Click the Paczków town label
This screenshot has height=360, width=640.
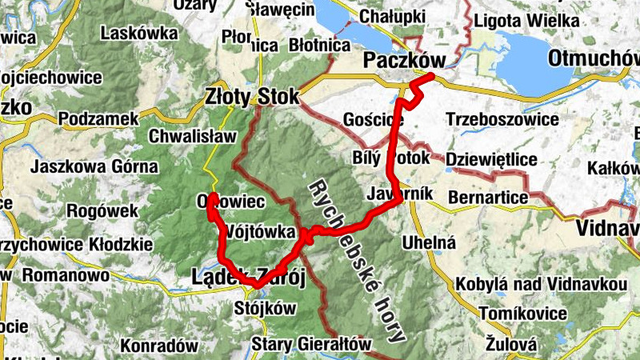click(403, 59)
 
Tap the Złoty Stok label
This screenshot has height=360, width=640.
click(251, 96)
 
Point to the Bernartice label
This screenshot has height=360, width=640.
click(489, 197)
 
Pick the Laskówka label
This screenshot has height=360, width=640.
click(139, 33)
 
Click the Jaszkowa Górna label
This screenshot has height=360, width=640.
click(94, 167)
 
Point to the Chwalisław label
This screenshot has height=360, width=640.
click(193, 135)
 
